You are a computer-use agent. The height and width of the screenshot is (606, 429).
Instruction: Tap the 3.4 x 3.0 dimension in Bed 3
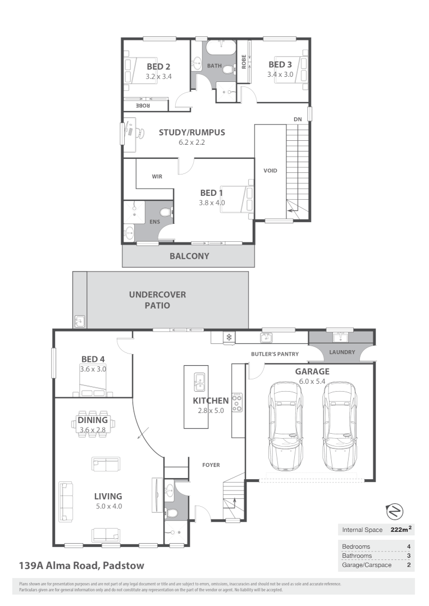[x=280, y=74]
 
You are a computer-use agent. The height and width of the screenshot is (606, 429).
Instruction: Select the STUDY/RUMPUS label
[x=191, y=133]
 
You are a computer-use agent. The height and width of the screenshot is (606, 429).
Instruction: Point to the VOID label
[x=271, y=171]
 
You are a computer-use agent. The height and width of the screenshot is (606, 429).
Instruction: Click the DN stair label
[x=298, y=119]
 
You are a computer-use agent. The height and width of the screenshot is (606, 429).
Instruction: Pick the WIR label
[x=157, y=176]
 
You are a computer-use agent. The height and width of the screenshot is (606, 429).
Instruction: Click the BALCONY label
[x=189, y=256]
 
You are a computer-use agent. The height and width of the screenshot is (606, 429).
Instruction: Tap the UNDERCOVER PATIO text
[x=157, y=300]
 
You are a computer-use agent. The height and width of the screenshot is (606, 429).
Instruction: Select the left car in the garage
[x=287, y=426]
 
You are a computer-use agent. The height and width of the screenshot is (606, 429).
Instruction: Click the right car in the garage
[x=339, y=426]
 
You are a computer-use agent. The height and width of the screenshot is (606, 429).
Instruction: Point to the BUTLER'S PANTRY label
[x=275, y=354]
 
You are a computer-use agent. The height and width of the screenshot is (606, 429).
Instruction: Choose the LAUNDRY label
[x=342, y=352]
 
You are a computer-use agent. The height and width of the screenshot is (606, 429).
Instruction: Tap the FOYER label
[x=211, y=465]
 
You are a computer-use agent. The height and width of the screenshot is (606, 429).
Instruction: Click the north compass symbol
[x=395, y=511]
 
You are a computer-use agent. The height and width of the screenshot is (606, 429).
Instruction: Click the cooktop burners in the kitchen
[x=238, y=402]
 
